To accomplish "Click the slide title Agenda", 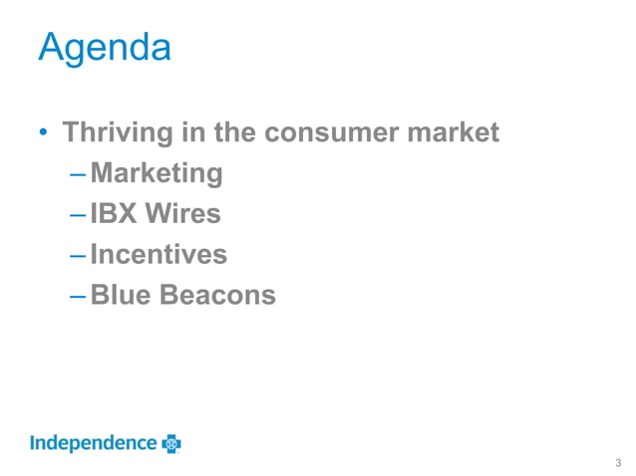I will (x=104, y=47).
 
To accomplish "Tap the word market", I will (x=454, y=131).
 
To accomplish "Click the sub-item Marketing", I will (x=157, y=174).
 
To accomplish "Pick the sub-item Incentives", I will (x=159, y=255).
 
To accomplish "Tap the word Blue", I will (x=120, y=295).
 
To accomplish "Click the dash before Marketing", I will (x=78, y=175).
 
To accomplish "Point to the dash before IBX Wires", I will (x=78, y=216).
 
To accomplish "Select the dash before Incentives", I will (x=78, y=257).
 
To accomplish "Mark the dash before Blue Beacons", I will (x=78, y=297).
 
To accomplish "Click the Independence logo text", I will (x=93, y=443).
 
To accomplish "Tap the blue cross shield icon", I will (x=170, y=443).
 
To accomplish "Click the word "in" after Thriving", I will (x=190, y=131).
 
